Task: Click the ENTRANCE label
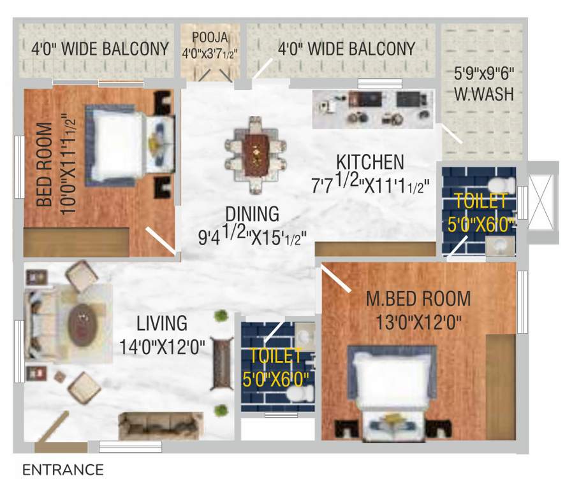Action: [x=62, y=471]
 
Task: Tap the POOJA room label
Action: [x=210, y=35]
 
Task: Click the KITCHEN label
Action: [x=370, y=162]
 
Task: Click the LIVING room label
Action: [x=163, y=323]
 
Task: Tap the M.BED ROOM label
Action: [x=418, y=298]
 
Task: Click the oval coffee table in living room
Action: [x=83, y=325]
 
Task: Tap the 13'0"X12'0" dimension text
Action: [x=417, y=322]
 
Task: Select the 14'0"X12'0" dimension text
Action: [x=163, y=347]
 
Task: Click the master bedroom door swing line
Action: [x=336, y=279]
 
